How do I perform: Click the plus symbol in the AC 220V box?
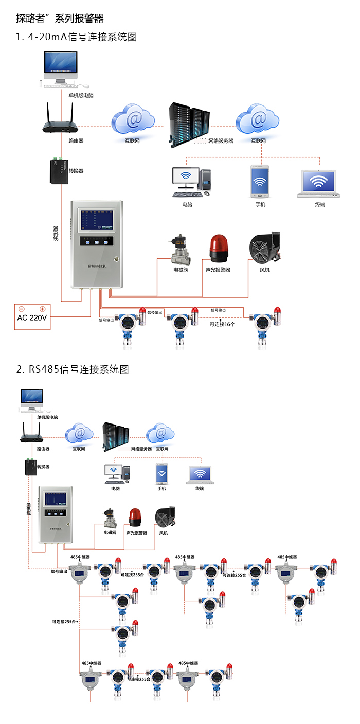43,309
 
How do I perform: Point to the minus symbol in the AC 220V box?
22,309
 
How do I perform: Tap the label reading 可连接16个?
222,324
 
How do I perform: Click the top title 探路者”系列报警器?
60,19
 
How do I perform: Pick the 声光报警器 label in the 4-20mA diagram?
218,270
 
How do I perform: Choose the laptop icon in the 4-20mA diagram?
320,184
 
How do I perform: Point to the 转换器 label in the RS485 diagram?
44,467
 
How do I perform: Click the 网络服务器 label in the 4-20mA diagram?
221,140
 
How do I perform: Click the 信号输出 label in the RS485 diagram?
59,571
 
